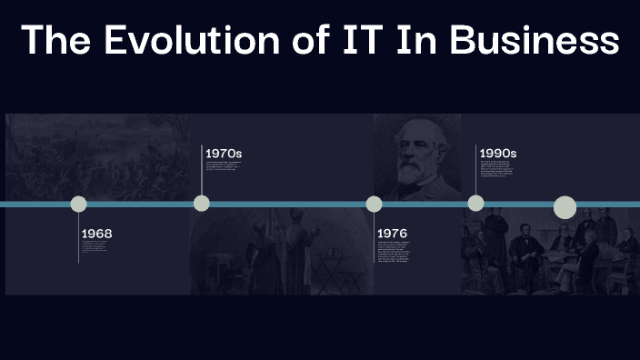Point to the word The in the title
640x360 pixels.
click(x=58, y=41)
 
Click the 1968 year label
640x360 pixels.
click(x=96, y=234)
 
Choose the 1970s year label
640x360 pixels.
click(x=223, y=153)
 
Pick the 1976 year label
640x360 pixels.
click(x=392, y=234)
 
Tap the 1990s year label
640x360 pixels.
click(x=498, y=153)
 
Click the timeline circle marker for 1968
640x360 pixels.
click(x=79, y=204)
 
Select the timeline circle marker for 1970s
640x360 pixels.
click(x=202, y=203)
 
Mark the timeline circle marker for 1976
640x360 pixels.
click(x=374, y=204)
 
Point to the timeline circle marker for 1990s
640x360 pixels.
click(x=475, y=203)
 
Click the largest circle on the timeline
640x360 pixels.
click(x=565, y=207)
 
